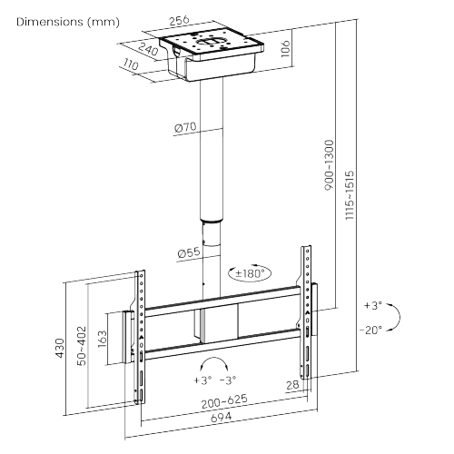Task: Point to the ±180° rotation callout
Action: tap(249, 272)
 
